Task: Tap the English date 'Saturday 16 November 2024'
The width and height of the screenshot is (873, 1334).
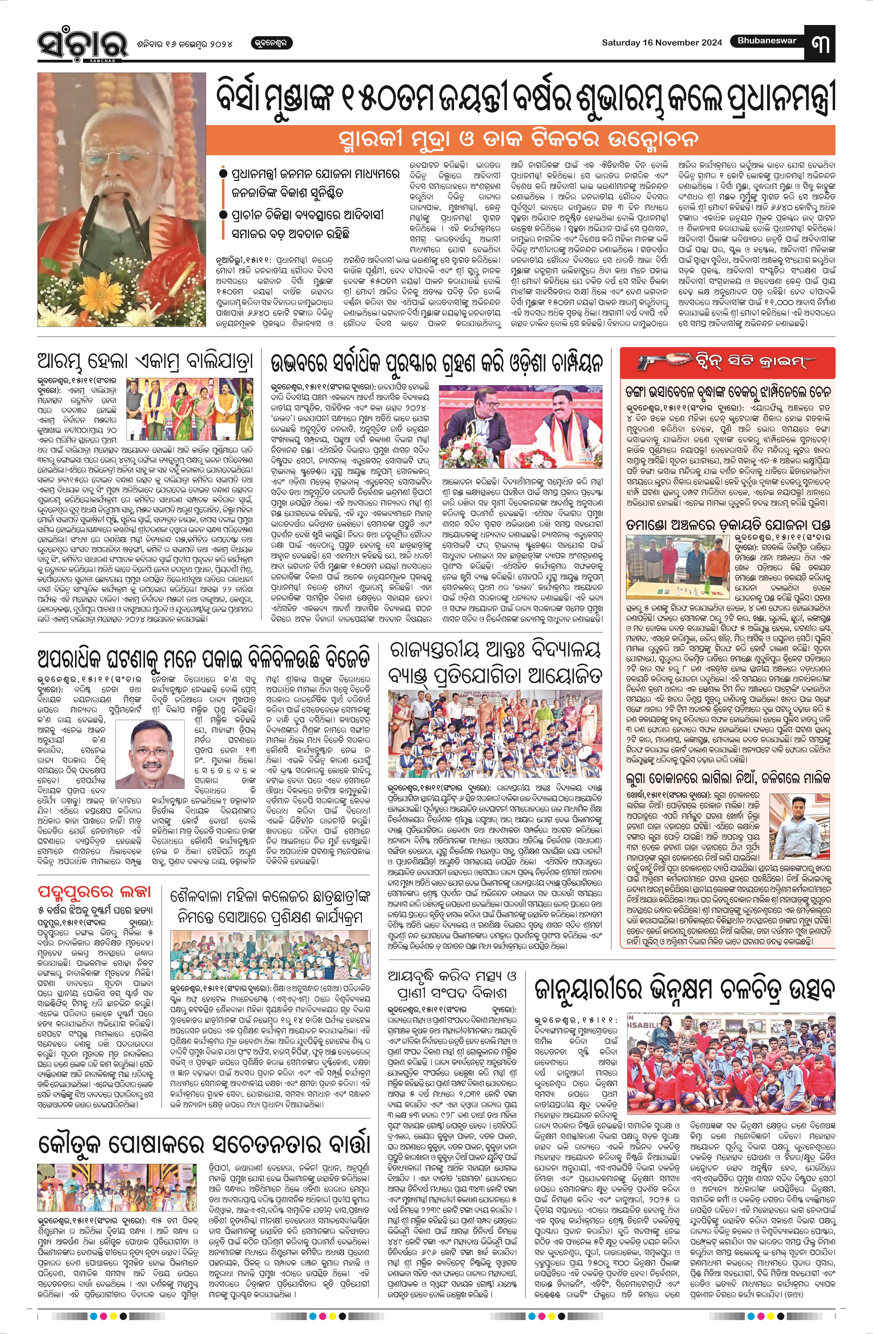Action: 662,43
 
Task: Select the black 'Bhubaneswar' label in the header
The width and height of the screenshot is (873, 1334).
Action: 766,41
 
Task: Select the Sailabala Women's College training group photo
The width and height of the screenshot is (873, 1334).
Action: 269,956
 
